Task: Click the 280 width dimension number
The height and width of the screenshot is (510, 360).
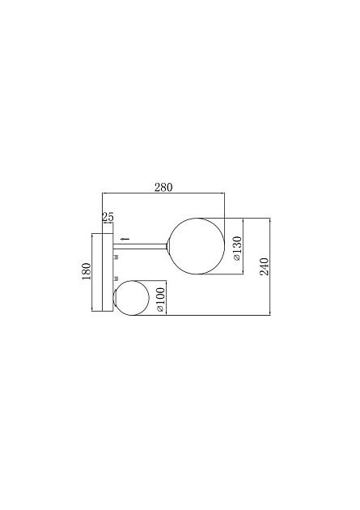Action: pos(163,187)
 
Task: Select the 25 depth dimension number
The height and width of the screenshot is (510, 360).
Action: pos(108,217)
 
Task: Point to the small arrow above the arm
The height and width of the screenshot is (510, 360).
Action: pos(124,239)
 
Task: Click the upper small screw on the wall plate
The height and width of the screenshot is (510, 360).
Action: pos(116,257)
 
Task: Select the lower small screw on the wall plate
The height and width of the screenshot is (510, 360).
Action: pos(116,280)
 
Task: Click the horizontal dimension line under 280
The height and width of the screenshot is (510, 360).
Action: pos(162,193)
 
